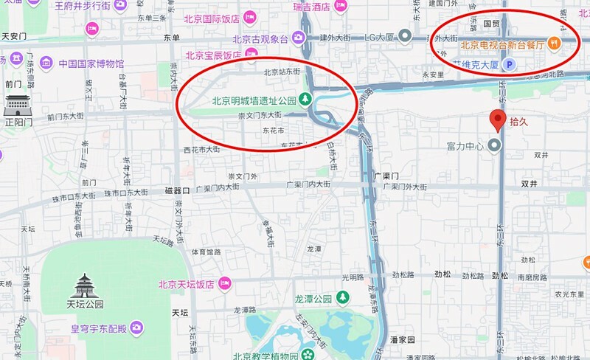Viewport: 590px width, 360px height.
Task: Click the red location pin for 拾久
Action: click(x=499, y=120)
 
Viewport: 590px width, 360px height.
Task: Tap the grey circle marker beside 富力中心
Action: click(x=496, y=146)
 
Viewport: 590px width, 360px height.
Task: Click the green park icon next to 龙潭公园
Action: click(x=342, y=297)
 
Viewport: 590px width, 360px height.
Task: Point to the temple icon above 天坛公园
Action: click(x=88, y=285)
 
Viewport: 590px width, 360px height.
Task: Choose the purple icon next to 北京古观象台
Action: click(x=298, y=37)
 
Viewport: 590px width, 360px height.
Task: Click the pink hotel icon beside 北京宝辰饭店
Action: click(x=251, y=54)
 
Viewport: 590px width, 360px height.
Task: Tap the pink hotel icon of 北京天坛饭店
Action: click(x=226, y=283)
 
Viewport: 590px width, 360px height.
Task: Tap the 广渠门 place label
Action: click(x=386, y=177)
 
